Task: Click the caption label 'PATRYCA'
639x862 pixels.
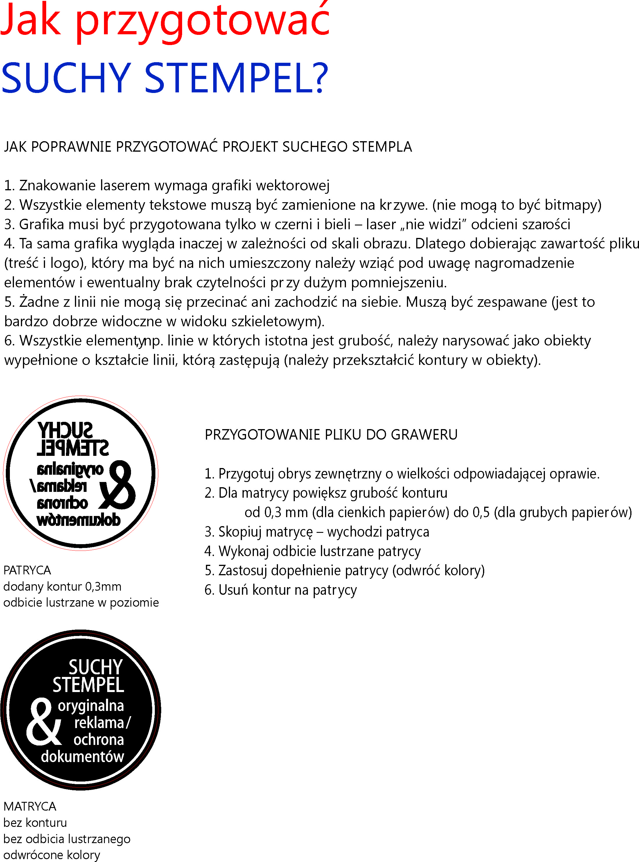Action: [x=27, y=570]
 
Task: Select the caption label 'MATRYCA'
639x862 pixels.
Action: [x=30, y=806]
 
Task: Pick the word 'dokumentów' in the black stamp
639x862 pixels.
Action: [x=82, y=756]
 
